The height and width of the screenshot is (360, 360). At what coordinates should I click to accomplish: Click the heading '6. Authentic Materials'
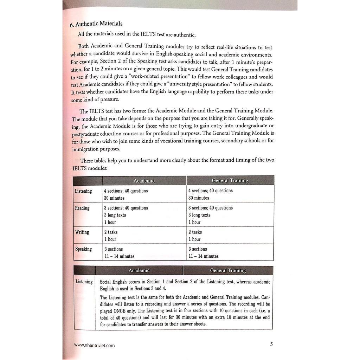tap(96, 24)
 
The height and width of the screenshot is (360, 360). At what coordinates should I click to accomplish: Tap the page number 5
tap(271, 344)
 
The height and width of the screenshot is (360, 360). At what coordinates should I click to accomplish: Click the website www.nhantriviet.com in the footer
tap(95, 345)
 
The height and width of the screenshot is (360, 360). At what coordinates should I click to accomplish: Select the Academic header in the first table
tap(144, 181)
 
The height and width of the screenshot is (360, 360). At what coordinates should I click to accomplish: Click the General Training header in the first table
tap(230, 181)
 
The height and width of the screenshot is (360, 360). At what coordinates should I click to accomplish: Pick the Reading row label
tap(82, 208)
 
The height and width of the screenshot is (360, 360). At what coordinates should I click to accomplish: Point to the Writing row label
tap(82, 232)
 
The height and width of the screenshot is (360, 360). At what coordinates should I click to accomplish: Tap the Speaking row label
tap(83, 249)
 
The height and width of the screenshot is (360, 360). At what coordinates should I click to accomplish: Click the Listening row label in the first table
tap(83, 191)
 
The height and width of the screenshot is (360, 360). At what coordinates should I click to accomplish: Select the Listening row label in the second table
tap(84, 282)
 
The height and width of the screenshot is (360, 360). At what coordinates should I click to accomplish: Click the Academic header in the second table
tap(139, 270)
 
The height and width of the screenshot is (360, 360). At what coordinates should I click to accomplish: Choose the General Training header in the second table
tap(228, 270)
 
